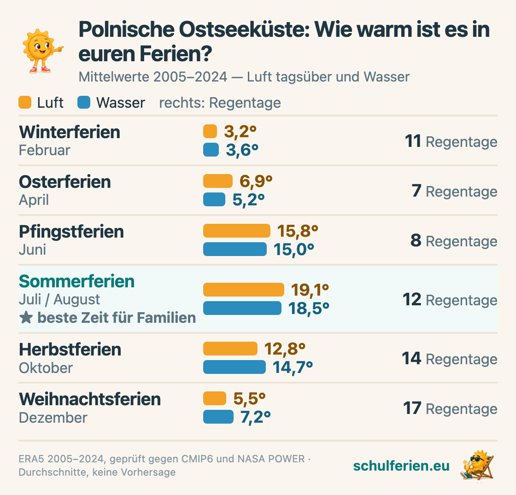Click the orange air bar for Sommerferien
[x=244, y=290]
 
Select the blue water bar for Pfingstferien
[x=235, y=249]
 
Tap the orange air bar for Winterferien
[x=210, y=131]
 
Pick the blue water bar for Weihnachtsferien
[x=218, y=417]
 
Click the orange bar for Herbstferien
[x=230, y=349]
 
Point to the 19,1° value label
[x=310, y=290]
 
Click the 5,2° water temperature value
[x=248, y=200]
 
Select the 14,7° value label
[x=293, y=367]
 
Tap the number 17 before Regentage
[x=412, y=408]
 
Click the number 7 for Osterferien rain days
[x=416, y=191]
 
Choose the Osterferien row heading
[x=65, y=182]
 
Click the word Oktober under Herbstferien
[x=46, y=368]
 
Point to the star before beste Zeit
[x=26, y=318]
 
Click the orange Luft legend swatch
[x=25, y=102]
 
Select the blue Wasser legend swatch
[x=84, y=102]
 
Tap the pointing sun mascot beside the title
[x=42, y=51]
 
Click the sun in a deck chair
[x=477, y=466]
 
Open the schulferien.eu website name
[x=401, y=466]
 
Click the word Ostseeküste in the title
[x=245, y=29]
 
